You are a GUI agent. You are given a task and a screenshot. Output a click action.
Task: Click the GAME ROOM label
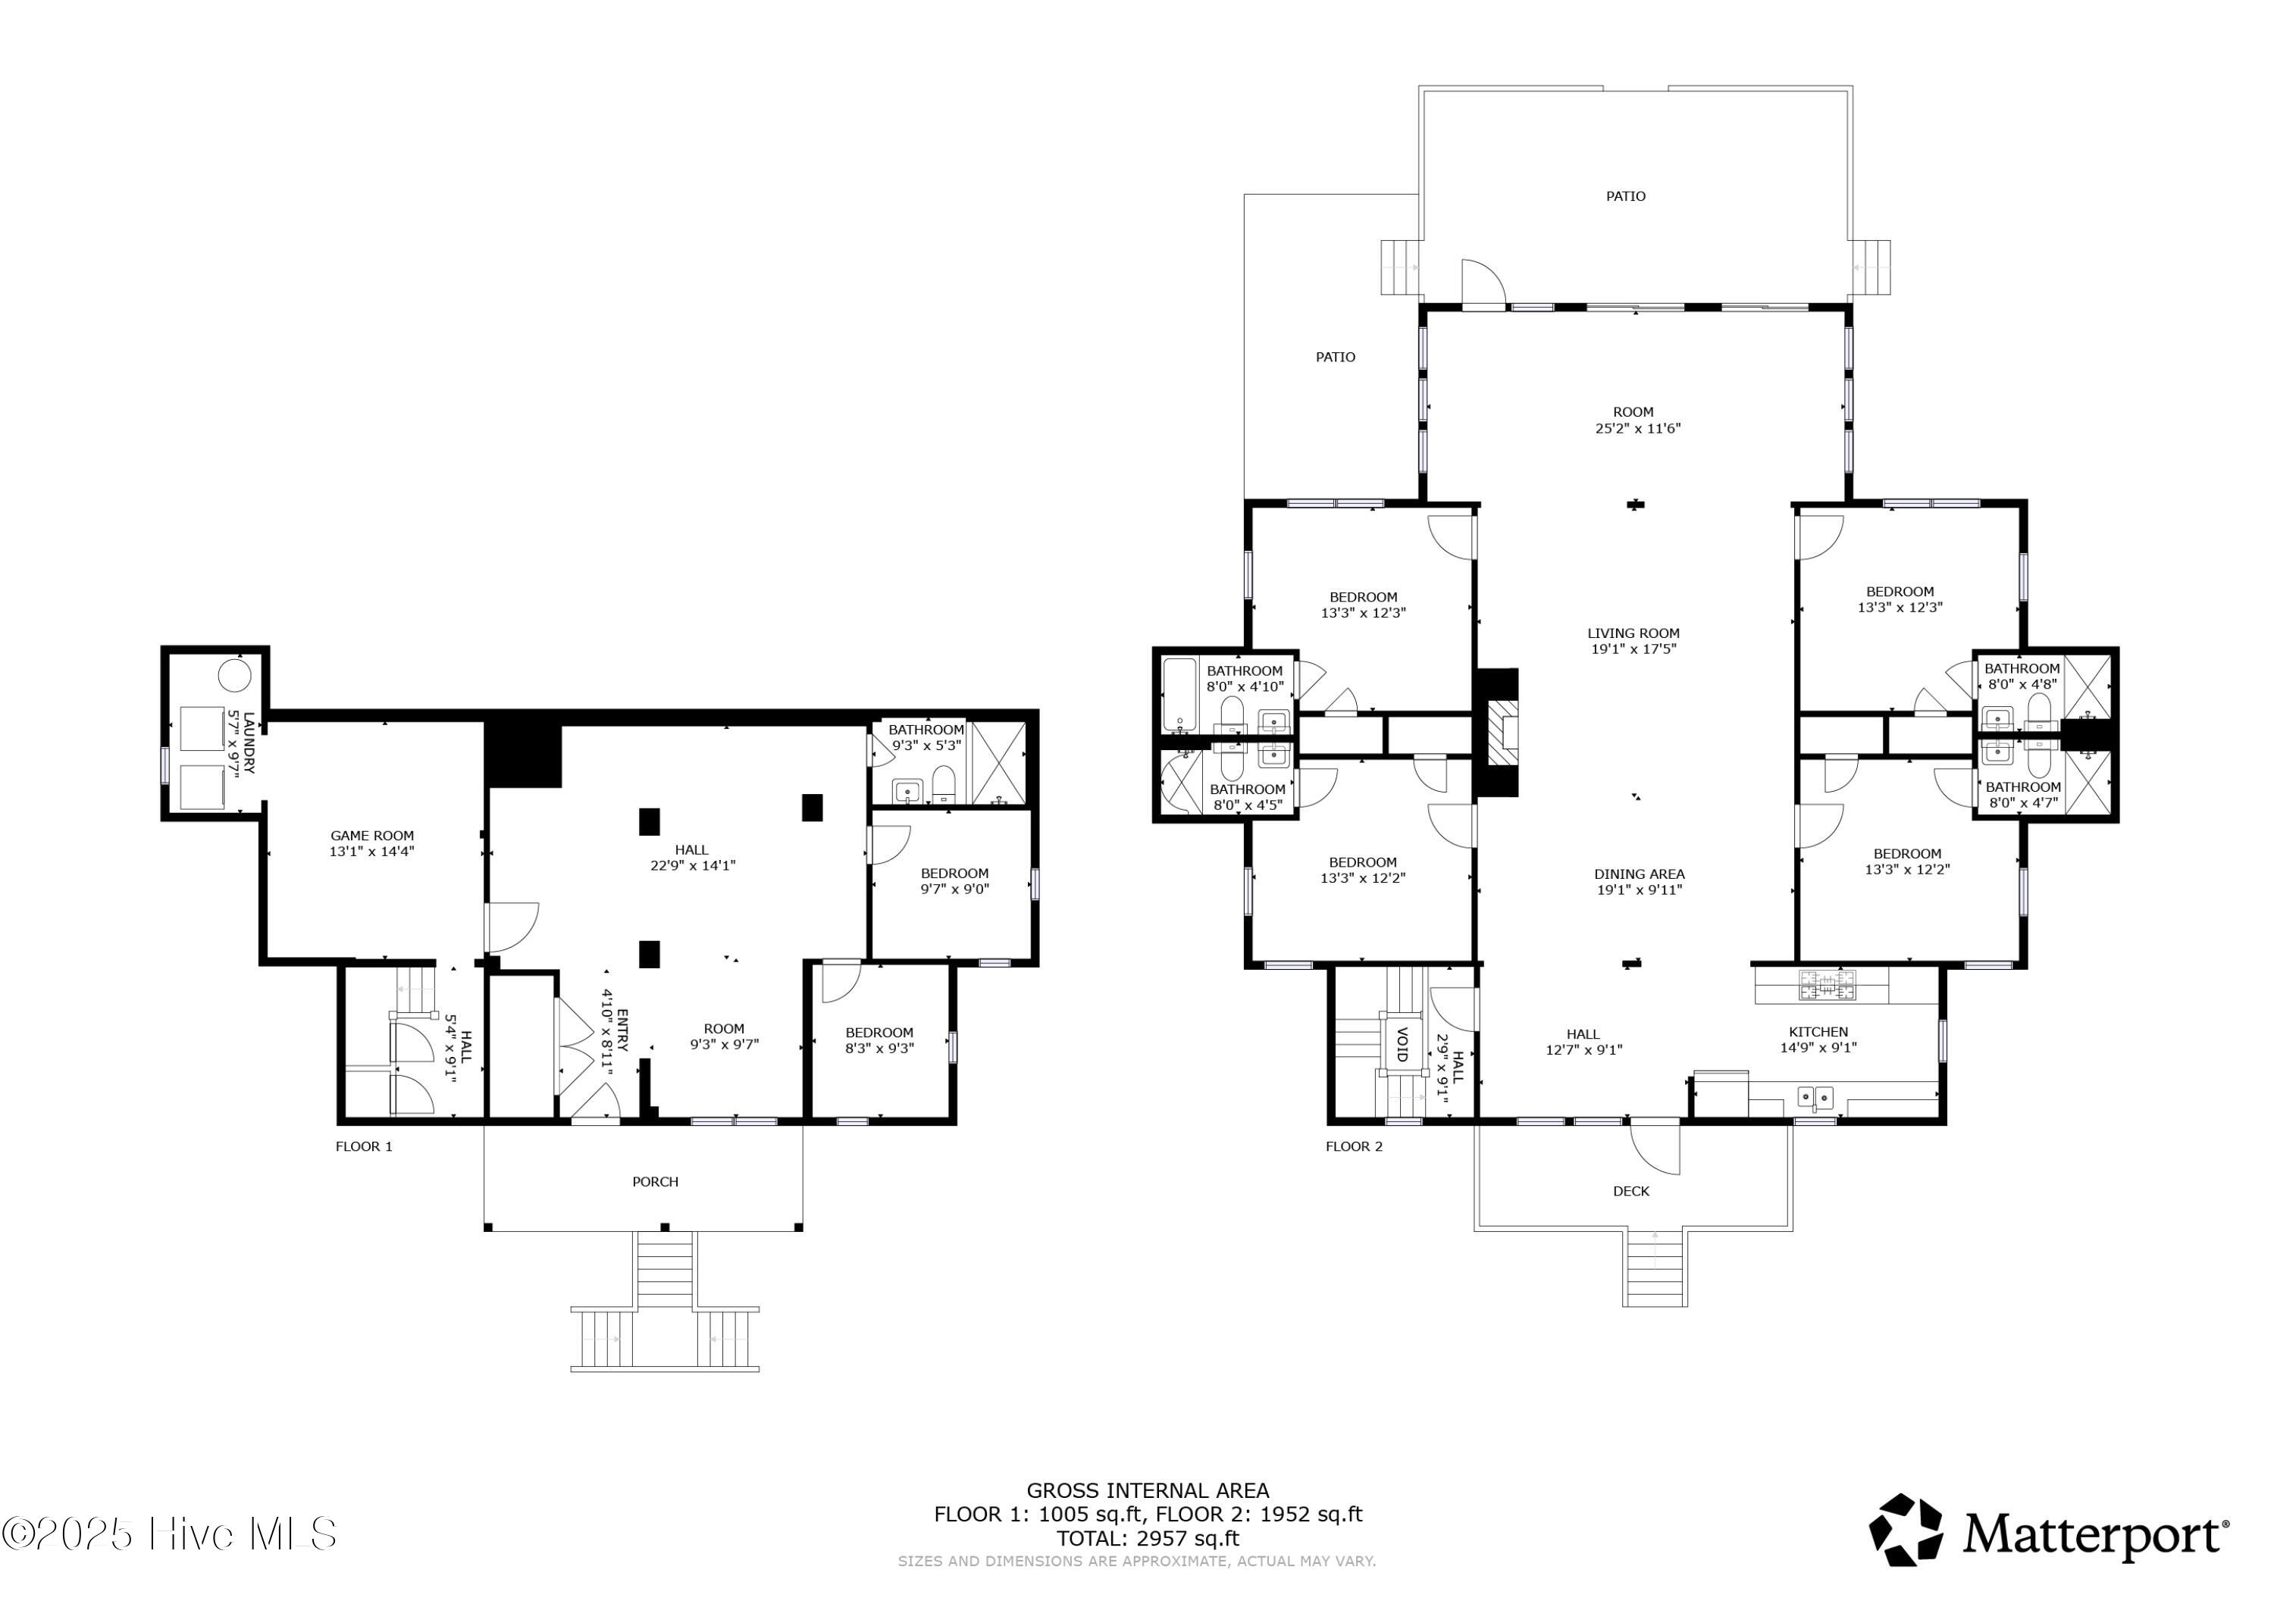pyautogui.click(x=372, y=836)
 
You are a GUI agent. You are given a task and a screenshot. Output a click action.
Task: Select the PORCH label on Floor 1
pyautogui.click(x=656, y=1181)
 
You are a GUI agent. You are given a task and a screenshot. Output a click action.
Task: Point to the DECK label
pyautogui.click(x=1631, y=1191)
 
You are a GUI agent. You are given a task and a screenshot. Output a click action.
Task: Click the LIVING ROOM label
pyautogui.click(x=1633, y=633)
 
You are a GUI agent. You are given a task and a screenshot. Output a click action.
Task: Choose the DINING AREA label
pyautogui.click(x=1639, y=874)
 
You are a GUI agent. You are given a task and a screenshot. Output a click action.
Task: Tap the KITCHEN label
pyautogui.click(x=1818, y=1032)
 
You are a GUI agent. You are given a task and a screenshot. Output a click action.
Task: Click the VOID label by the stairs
pyautogui.click(x=1402, y=1045)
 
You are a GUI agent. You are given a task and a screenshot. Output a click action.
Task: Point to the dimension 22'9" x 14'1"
pyautogui.click(x=691, y=865)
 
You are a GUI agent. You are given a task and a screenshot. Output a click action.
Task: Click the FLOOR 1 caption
pyautogui.click(x=364, y=1146)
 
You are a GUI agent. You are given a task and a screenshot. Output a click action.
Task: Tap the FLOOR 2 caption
pyautogui.click(x=1354, y=1146)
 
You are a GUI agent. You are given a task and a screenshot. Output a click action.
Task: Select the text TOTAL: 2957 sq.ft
pyautogui.click(x=1148, y=1539)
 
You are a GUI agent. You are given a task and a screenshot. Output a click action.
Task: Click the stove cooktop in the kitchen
pyautogui.click(x=1828, y=984)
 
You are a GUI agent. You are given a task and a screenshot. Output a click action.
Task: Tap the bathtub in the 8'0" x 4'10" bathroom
pyautogui.click(x=1179, y=695)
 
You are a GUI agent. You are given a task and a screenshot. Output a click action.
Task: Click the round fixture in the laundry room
pyautogui.click(x=235, y=675)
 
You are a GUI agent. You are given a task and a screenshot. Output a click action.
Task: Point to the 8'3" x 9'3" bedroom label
pyautogui.click(x=879, y=1040)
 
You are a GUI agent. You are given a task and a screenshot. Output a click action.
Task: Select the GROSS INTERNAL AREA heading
pyautogui.click(x=1148, y=1491)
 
